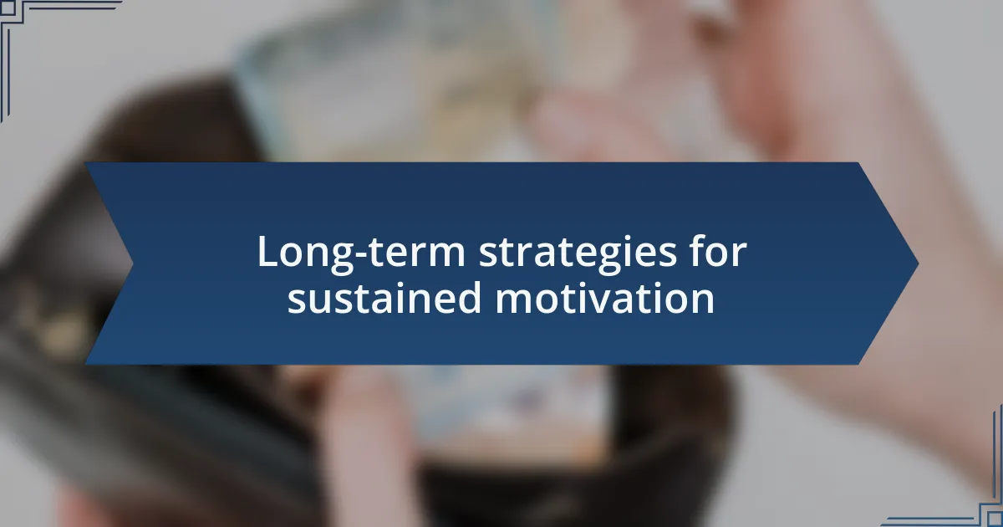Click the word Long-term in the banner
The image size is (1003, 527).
[361, 253]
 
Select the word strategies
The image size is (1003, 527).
[578, 253]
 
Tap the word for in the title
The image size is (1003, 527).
[719, 251]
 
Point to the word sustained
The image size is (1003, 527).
[384, 297]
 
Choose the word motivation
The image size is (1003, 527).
[605, 297]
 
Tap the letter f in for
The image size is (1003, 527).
[699, 250]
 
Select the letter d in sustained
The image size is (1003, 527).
[469, 297]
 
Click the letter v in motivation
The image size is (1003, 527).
[611, 302]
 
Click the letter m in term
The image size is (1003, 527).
[445, 255]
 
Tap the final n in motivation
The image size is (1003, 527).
[704, 302]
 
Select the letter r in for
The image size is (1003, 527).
[739, 255]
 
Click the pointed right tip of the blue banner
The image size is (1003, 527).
[918, 263]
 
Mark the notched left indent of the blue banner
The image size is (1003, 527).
[133, 263]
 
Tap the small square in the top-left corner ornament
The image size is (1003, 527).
[8, 8]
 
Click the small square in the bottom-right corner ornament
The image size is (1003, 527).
[995, 519]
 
